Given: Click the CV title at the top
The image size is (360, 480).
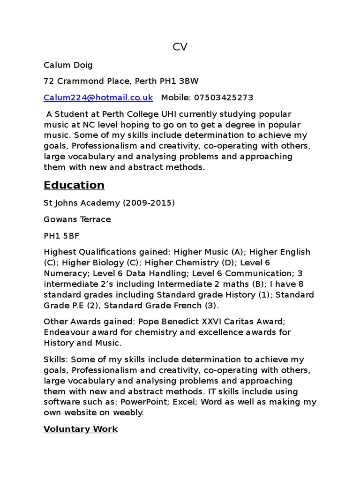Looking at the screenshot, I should coord(180,47).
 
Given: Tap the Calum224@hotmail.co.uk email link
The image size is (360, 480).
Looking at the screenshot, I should coord(98,97).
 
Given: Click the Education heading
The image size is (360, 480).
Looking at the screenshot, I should coord(74,185).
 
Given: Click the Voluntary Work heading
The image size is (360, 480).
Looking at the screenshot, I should coord(81,429).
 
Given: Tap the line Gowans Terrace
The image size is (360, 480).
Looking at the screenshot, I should coord(77,219).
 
